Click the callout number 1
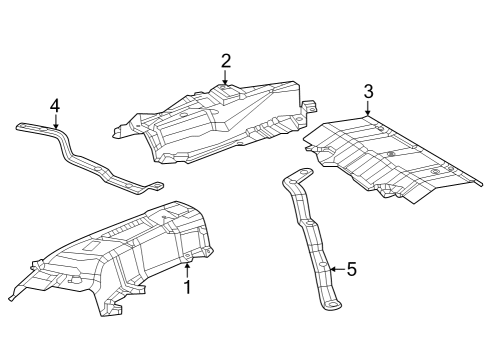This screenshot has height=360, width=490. [186, 288]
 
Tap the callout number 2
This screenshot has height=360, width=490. [226, 60]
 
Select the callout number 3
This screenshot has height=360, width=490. [368, 92]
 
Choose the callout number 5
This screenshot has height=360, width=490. [351, 268]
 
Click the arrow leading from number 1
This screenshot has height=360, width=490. [186, 270]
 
